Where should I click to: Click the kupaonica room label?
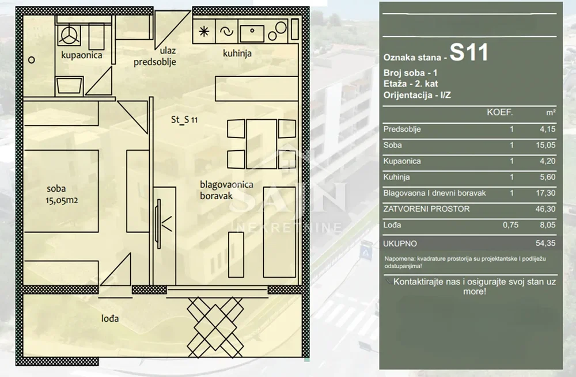click(82, 55)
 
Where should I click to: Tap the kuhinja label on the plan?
click(237, 54)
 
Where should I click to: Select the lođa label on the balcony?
click(110, 318)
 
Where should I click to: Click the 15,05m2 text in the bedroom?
click(62, 200)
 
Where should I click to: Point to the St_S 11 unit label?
click(184, 120)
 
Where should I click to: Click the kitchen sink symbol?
click(252, 33)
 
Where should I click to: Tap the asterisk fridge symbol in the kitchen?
click(204, 32)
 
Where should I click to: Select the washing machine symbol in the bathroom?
click(69, 35)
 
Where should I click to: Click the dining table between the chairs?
click(262, 144)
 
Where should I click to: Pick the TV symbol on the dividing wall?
click(159, 224)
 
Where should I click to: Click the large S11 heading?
click(469, 52)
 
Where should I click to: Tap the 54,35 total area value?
click(545, 243)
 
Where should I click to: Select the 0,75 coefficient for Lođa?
click(510, 224)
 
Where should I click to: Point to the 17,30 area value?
click(545, 193)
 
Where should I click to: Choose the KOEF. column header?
click(499, 112)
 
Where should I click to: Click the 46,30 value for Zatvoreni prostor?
click(545, 209)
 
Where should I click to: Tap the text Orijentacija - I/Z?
click(417, 95)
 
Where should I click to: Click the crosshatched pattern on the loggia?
click(215, 328)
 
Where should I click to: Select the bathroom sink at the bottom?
click(70, 86)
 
